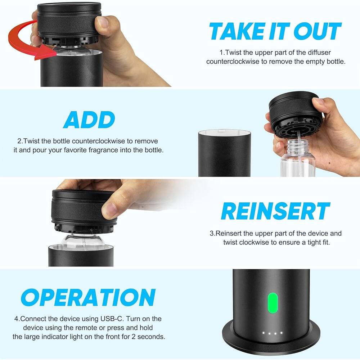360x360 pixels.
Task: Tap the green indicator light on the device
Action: (273, 303)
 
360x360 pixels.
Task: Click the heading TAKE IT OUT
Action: (275, 31)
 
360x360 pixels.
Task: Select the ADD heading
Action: (89, 120)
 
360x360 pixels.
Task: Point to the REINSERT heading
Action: (275, 211)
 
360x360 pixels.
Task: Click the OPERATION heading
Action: (88, 298)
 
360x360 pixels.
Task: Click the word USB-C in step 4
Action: (108, 319)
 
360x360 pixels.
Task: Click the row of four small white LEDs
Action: (273, 333)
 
